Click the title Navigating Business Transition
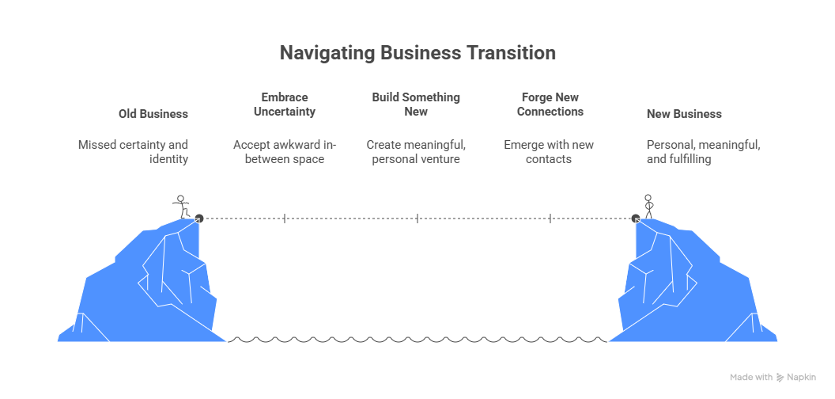point(417,53)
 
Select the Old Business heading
point(153,114)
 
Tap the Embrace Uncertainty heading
point(285,104)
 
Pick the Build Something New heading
point(416,104)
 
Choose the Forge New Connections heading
point(550,104)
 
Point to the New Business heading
point(684,114)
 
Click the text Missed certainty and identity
point(133,152)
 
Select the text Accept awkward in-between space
point(285,152)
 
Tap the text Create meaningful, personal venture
point(416,152)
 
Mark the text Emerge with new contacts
point(549,152)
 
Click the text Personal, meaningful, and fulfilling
point(703,152)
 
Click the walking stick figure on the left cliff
point(182,207)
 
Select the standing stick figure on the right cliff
point(649,206)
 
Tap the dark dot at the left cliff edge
point(199,218)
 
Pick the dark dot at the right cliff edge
point(636,218)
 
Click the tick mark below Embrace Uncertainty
point(285,218)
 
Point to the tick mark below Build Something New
point(417,218)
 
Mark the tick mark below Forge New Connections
point(550,218)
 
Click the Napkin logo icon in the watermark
point(780,378)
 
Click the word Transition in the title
point(510,53)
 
